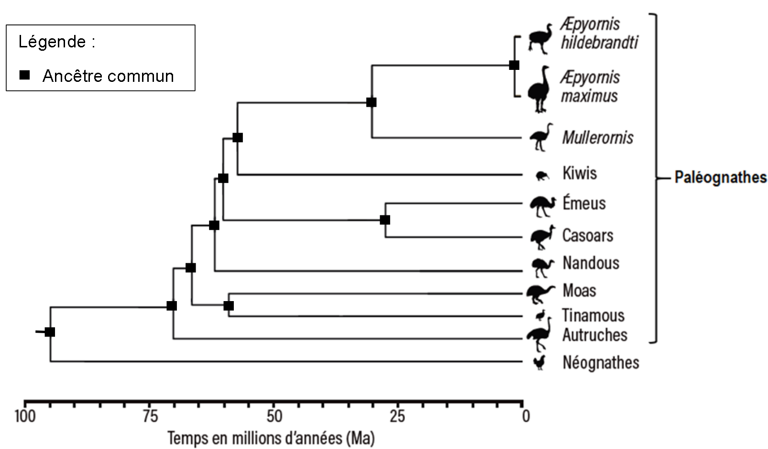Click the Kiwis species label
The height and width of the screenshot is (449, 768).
point(579,173)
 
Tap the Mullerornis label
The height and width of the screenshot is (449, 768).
point(597,138)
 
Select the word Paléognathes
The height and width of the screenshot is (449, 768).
point(720,178)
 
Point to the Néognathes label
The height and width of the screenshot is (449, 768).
point(600,363)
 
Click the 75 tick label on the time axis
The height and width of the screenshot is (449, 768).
point(150,417)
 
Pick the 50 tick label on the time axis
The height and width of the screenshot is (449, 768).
point(274,417)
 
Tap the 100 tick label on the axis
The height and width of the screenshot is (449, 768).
point(25,417)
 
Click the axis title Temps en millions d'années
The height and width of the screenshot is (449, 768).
point(271,438)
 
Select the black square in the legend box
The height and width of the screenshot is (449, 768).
point(25,75)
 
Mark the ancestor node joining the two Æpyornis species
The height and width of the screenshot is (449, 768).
point(514,65)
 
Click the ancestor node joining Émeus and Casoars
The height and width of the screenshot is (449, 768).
point(385,220)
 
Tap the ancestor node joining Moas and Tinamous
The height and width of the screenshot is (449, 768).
point(229,305)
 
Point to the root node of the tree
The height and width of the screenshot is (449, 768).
point(50,332)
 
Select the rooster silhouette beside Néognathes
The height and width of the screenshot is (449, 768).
point(539,362)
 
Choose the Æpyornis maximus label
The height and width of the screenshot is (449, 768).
point(590,87)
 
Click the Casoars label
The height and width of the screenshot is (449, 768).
point(587,236)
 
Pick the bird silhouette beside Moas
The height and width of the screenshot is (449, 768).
point(540,292)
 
